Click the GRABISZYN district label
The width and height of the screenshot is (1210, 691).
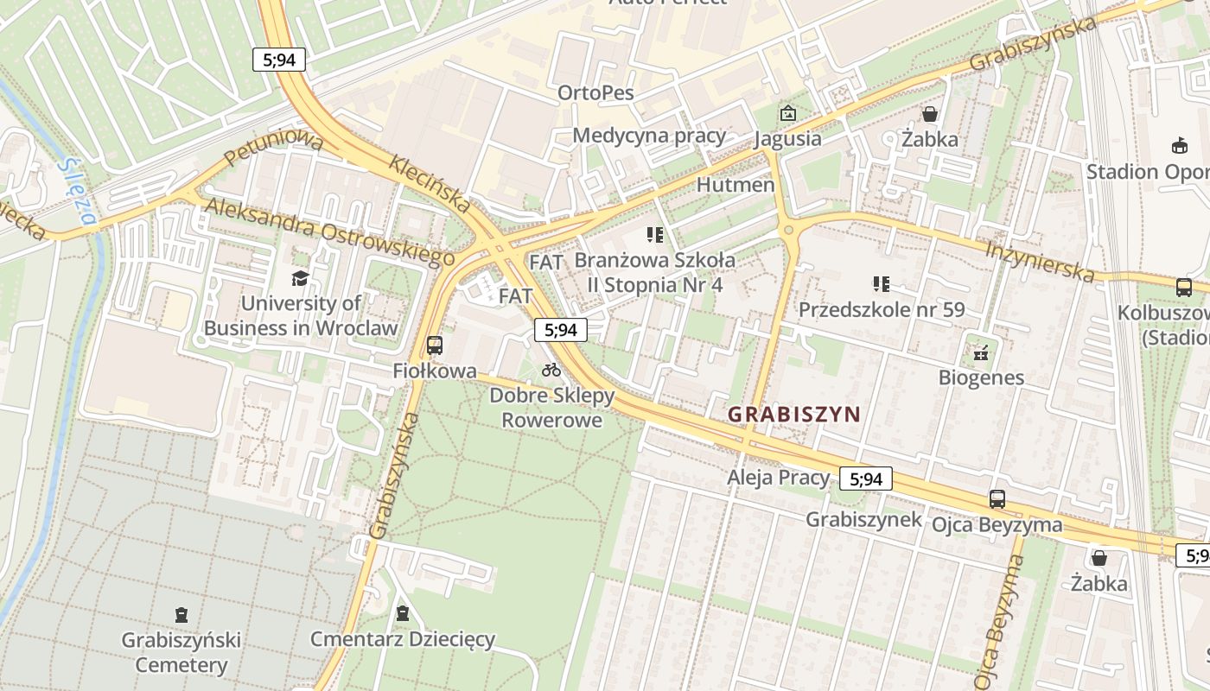click(793, 414)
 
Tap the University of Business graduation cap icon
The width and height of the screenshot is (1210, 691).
click(300, 278)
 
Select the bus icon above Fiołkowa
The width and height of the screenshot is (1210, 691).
click(435, 345)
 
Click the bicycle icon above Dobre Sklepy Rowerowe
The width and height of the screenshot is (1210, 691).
click(551, 371)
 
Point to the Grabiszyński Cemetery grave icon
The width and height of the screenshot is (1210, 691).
click(181, 615)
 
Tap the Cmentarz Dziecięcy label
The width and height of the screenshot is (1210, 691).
click(403, 639)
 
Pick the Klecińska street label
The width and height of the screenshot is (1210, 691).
click(430, 183)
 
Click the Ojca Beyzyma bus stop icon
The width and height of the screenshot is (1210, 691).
click(997, 498)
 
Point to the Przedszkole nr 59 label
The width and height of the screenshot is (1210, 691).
click(882, 309)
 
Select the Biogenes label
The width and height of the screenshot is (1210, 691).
click(981, 377)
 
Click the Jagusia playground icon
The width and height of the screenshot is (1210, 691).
click(787, 113)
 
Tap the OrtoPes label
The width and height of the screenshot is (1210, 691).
click(595, 92)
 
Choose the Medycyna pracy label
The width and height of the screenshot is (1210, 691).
click(649, 135)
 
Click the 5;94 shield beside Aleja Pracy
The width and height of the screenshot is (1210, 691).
click(865, 479)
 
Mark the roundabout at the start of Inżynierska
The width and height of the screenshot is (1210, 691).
click(787, 231)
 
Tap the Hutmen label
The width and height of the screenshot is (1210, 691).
click(735, 184)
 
